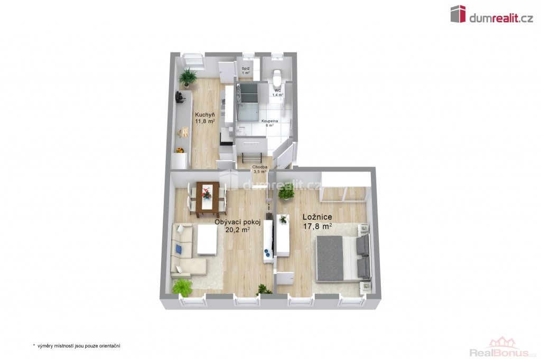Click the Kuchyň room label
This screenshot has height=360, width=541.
pos(205,115)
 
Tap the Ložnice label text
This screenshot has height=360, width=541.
pos(318,217)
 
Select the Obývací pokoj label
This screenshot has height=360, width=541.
pos(237,222)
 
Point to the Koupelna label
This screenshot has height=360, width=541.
pos(269,121)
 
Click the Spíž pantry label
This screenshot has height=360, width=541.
pos(246,69)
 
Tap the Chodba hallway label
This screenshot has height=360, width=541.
pos(260,167)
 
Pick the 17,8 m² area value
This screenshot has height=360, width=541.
pos(318,226)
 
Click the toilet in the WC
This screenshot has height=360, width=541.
pos(276,77)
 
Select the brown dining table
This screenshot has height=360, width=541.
pos(207,200)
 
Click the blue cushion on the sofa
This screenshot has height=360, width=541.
pos(179,249)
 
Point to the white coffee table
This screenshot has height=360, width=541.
pos(207,241)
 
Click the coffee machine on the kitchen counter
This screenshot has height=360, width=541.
pos(180,97)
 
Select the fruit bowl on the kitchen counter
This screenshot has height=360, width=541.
pos(180,150)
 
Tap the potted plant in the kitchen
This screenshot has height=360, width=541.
pos(188,77)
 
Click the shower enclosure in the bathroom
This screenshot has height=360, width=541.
pos(247,102)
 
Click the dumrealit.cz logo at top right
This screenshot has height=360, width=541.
pos(492,14)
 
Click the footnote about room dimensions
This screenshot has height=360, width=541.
pos(77,346)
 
